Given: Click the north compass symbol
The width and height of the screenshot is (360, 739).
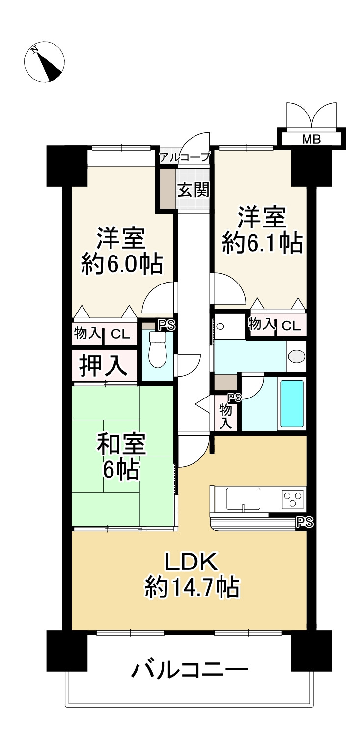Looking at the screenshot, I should coord(45,61).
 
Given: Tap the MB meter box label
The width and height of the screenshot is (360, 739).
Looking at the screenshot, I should coord(311,139).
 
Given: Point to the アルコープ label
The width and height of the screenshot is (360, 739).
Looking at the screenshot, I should coord(185,158).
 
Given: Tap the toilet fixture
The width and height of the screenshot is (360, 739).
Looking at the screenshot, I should coord(158,349).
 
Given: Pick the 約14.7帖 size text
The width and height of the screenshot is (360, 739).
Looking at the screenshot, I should coord(192,587).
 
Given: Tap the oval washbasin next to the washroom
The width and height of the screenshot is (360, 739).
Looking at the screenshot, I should coord(296,355).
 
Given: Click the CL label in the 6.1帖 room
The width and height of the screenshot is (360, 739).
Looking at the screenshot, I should coord(291,325).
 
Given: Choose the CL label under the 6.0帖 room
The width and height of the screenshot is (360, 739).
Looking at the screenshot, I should coord(120,334).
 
